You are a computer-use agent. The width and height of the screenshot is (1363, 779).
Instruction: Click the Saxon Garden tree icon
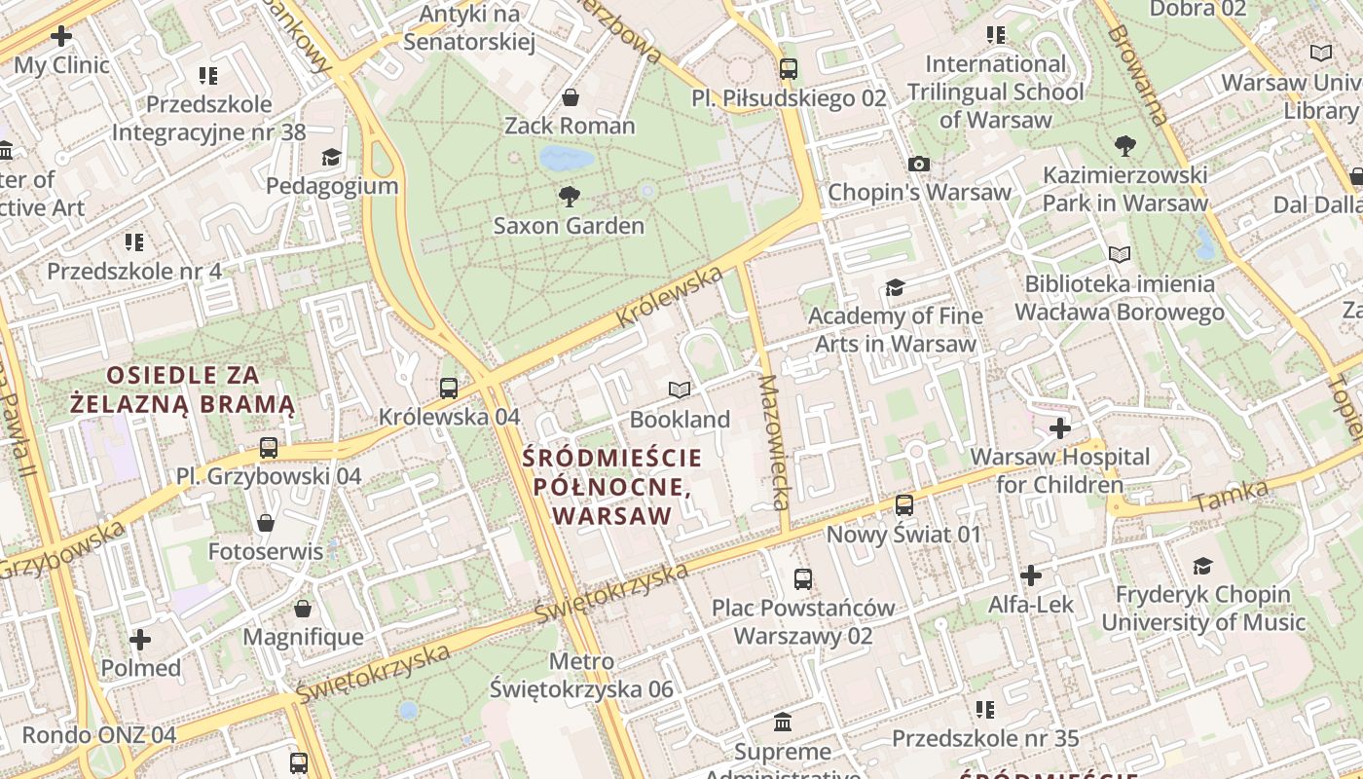(x=570, y=198)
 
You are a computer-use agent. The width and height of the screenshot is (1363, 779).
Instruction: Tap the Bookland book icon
(x=680, y=390)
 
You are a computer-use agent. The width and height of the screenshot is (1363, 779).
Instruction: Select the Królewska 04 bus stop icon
(x=449, y=388)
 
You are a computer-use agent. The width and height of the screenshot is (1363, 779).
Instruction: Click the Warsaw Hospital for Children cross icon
(x=1060, y=428)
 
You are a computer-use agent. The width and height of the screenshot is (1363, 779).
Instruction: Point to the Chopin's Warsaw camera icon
(x=918, y=165)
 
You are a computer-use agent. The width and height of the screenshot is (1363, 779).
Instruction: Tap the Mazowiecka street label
(x=775, y=443)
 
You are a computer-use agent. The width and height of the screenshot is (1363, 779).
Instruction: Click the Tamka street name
(x=1231, y=497)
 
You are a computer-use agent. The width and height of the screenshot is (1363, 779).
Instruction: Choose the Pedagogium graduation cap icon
(x=332, y=158)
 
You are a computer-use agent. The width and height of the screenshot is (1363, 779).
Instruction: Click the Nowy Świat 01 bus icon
(x=904, y=505)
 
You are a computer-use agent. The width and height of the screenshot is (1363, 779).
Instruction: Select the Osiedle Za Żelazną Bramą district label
(x=182, y=389)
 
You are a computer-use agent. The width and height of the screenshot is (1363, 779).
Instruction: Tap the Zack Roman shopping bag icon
(x=571, y=97)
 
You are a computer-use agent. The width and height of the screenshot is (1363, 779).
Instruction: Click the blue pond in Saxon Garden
(x=567, y=158)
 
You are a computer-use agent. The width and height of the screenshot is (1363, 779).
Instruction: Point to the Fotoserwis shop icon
(x=266, y=523)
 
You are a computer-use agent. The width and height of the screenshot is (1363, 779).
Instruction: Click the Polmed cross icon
(x=140, y=640)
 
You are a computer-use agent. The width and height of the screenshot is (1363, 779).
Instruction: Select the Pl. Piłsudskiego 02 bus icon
(x=789, y=69)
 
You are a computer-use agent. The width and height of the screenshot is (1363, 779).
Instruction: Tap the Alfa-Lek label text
(x=1031, y=605)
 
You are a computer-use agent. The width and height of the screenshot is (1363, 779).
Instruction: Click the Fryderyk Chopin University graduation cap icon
(x=1203, y=567)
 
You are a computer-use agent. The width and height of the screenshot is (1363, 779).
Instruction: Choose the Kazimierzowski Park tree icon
(x=1125, y=147)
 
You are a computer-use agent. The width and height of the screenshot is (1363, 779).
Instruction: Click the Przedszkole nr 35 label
(x=985, y=739)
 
